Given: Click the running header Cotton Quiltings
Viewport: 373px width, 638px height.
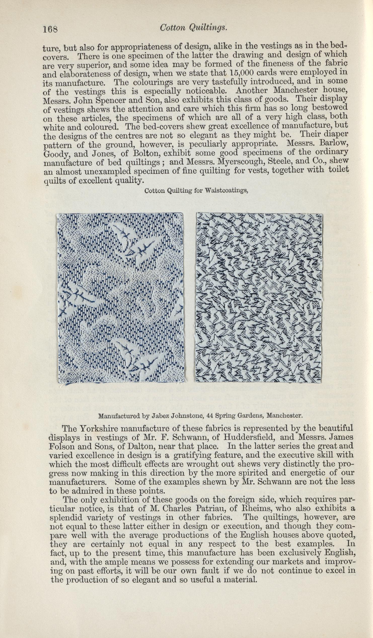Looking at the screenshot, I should (193, 28).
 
